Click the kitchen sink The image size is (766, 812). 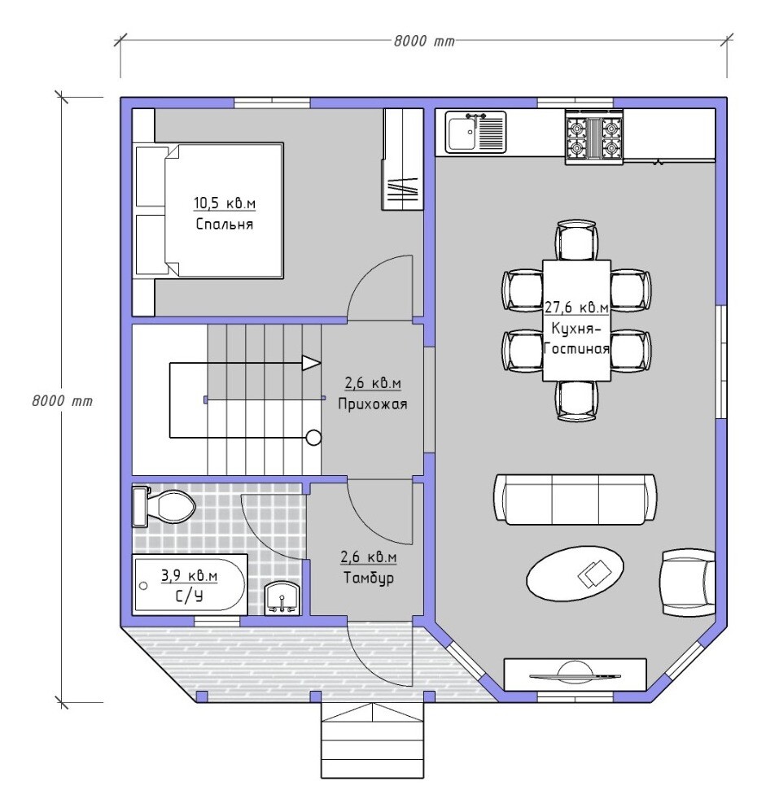(x=475, y=132)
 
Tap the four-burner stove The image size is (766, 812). (x=594, y=138)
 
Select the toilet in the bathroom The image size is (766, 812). (x=163, y=506)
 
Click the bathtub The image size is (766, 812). (x=189, y=584)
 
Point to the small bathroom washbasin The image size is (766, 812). (x=282, y=599)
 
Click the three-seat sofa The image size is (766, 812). (x=576, y=500)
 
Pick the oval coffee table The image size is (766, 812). (x=575, y=574)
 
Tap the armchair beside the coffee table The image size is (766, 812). (x=687, y=583)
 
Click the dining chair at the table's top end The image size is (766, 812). (x=576, y=240)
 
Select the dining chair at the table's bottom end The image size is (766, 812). (x=576, y=401)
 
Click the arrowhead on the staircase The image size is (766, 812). (x=312, y=363)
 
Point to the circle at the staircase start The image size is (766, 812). (x=313, y=438)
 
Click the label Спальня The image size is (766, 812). (x=225, y=225)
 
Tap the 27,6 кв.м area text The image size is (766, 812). (x=576, y=307)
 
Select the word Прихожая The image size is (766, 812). (x=373, y=404)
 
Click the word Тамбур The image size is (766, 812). (x=369, y=577)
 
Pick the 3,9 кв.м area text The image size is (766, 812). (x=189, y=575)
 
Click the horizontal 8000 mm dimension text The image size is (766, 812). (x=424, y=41)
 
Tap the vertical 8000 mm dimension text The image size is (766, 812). (x=62, y=401)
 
